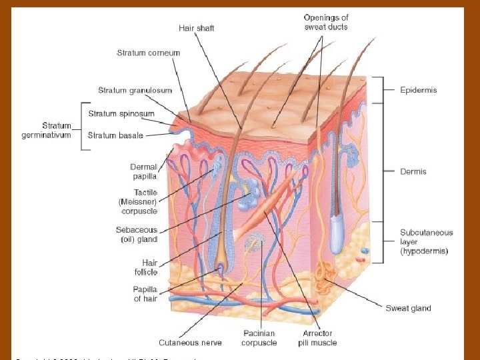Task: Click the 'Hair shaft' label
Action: [197, 28]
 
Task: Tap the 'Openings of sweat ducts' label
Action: [326, 22]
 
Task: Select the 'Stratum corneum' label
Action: [148, 53]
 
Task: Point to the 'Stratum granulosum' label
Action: [135, 90]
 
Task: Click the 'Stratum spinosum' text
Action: [121, 113]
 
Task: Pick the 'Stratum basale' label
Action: [115, 135]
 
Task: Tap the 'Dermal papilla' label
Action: [144, 171]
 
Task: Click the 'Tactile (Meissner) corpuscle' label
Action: [139, 201]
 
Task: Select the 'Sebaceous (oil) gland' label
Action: [137, 234]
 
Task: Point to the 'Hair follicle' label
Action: [146, 267]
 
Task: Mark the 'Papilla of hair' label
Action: [145, 294]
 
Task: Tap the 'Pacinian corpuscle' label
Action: [259, 338]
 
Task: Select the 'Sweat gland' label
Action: [408, 308]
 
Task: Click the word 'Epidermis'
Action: [419, 90]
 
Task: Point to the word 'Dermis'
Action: [413, 171]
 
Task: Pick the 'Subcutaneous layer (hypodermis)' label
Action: [426, 242]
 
